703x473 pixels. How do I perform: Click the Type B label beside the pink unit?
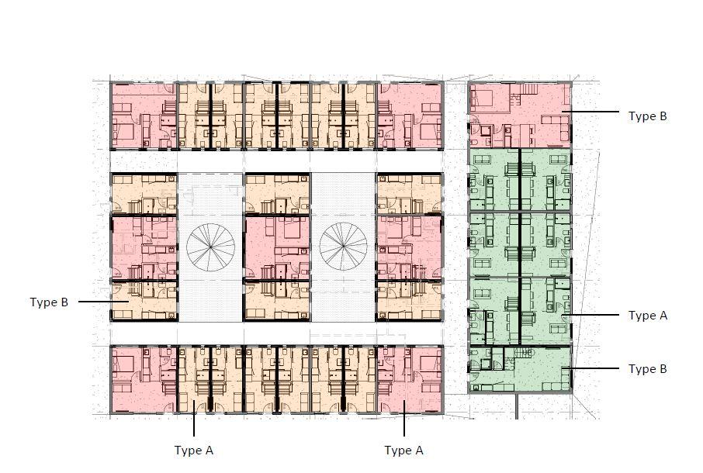click(647, 116)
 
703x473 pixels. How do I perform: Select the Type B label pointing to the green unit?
click(647, 368)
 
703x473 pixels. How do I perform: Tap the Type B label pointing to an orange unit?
click(49, 302)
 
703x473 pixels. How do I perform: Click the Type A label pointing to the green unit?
click(647, 316)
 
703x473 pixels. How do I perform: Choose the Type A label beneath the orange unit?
click(194, 451)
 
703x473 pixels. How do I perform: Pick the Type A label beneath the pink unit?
click(403, 451)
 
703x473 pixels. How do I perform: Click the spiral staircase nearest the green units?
click(344, 247)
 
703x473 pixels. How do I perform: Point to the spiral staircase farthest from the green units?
click(211, 247)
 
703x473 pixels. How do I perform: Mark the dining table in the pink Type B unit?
click(529, 131)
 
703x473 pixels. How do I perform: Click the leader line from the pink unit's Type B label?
click(590, 112)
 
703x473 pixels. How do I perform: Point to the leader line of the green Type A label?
click(590, 316)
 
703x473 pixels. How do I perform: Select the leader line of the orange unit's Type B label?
click(104, 302)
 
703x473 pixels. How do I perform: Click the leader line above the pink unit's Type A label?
click(404, 418)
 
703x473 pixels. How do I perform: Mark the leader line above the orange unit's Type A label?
click(194, 418)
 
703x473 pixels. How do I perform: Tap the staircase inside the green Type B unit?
click(522, 353)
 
